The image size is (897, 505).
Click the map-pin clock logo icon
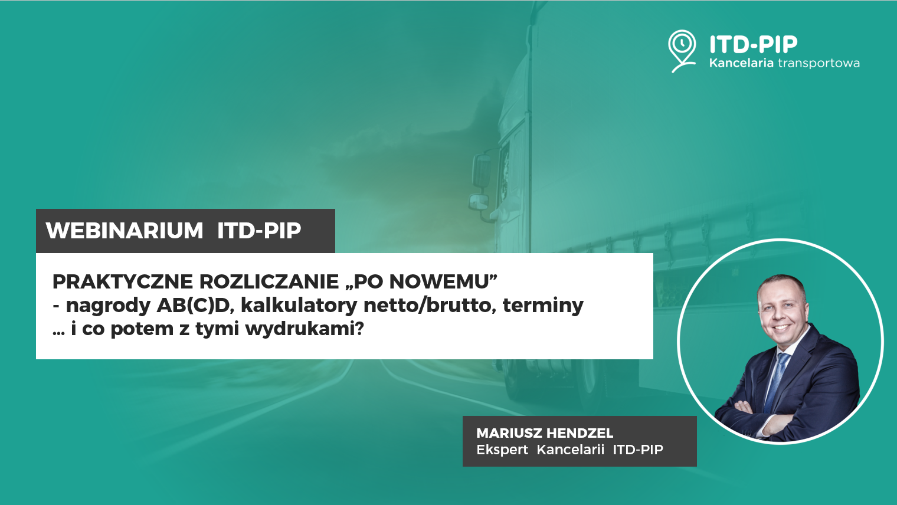[682, 51]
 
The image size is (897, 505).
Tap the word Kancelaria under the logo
[741, 63]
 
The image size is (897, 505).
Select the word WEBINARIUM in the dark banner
[125, 231]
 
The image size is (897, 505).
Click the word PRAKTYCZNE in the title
[123, 281]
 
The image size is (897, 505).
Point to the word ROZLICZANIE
[269, 281]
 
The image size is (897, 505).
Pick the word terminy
[543, 306]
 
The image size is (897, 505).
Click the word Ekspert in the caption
[502, 450]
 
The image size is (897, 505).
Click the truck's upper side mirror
[481, 170]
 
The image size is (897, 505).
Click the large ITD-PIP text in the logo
[753, 44]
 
